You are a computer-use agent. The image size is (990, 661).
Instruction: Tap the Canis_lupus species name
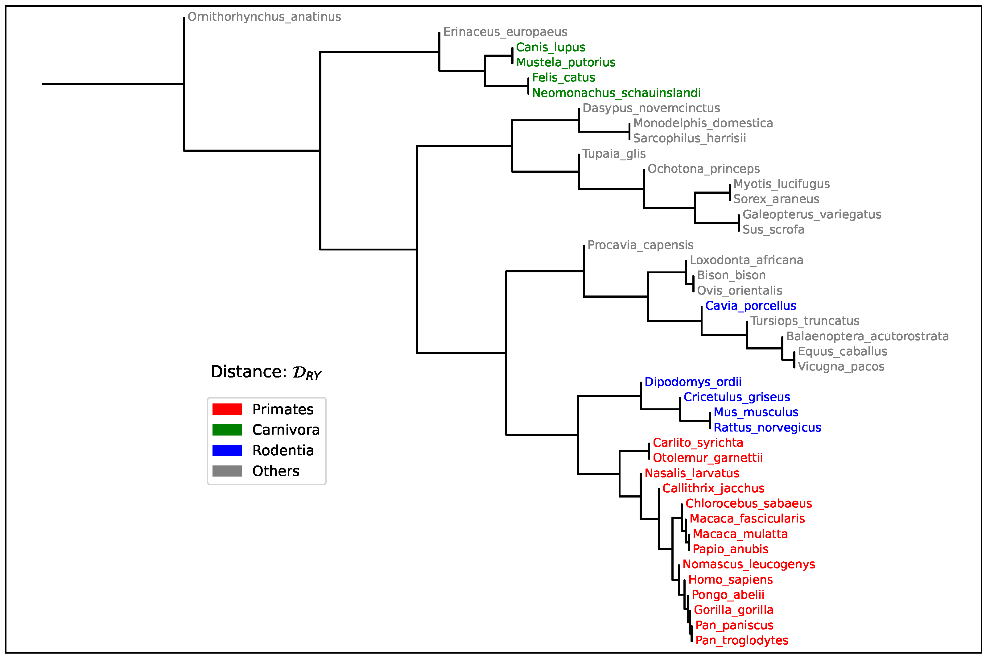(x=551, y=47)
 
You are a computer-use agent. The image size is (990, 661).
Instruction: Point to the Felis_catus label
(x=563, y=77)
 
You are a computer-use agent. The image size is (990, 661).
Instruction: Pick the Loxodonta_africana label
(x=746, y=260)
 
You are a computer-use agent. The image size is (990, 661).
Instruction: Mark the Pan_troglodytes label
(x=742, y=641)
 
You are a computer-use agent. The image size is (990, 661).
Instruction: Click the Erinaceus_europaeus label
(x=505, y=32)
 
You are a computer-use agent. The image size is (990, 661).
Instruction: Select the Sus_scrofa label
(x=773, y=230)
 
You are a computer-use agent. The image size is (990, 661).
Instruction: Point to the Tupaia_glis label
(x=614, y=153)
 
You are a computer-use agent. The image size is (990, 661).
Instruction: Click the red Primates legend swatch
(x=227, y=409)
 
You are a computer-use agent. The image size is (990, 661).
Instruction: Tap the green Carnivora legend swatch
(x=227, y=430)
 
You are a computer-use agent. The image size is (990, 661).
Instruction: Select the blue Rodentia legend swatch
(x=227, y=451)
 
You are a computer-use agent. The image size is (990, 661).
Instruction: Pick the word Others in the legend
(x=276, y=471)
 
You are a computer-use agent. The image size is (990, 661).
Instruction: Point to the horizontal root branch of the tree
(x=113, y=84)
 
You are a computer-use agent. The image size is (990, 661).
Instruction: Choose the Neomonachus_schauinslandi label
(x=616, y=93)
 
